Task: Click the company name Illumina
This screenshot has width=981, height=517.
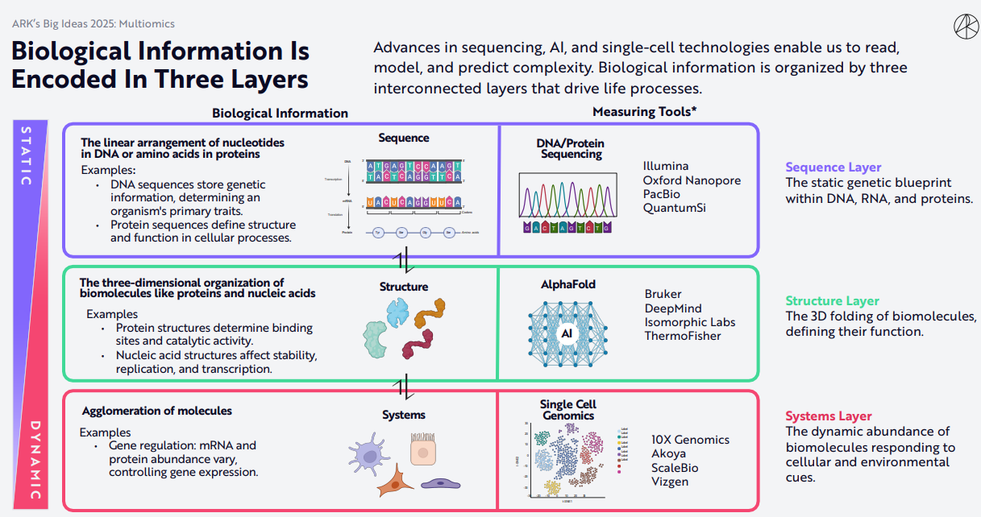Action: (666, 167)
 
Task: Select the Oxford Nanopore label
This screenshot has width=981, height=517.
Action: (692, 180)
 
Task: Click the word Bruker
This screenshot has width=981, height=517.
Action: (663, 295)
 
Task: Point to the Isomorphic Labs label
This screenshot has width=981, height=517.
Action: (690, 322)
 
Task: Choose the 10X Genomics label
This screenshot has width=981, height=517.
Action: (690, 440)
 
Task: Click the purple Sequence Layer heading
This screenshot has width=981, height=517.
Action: (833, 168)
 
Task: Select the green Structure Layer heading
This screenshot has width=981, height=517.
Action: (833, 301)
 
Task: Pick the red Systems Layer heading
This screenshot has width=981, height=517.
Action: (829, 416)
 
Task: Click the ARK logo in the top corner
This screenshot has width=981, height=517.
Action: (964, 26)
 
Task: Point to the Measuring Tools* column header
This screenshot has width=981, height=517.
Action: (645, 112)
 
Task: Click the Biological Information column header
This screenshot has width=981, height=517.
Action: (280, 114)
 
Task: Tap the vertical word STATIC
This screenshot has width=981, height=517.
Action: (26, 155)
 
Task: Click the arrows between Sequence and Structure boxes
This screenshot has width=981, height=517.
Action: (404, 261)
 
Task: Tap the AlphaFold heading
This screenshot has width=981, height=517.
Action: (568, 284)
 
